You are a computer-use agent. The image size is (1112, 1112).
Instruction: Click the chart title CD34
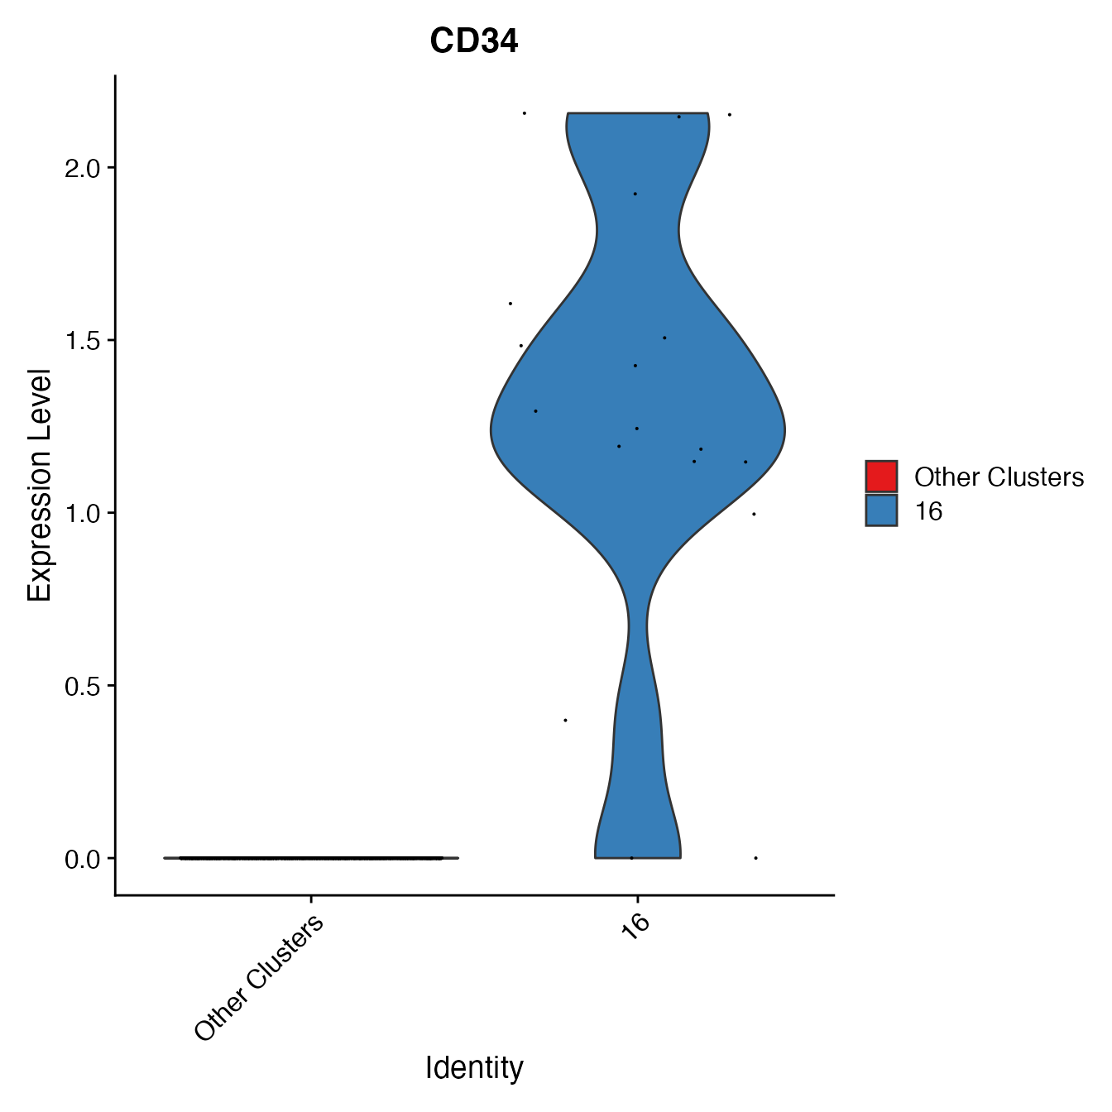click(x=474, y=41)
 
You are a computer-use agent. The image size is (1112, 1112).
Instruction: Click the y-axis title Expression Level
click(x=40, y=485)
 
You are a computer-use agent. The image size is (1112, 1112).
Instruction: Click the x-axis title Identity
click(x=474, y=1068)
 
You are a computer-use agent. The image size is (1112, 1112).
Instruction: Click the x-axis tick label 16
click(x=635, y=927)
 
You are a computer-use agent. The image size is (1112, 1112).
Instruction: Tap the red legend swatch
click(x=881, y=477)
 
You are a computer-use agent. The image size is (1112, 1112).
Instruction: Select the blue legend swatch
click(x=881, y=510)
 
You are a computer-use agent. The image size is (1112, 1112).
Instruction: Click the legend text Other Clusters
click(x=999, y=477)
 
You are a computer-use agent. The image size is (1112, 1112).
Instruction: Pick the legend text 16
click(x=928, y=511)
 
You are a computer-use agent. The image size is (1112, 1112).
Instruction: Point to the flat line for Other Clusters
click(x=311, y=858)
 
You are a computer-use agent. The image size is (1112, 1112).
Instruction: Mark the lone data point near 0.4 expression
click(x=565, y=720)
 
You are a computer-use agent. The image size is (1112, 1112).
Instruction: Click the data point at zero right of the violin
click(x=755, y=858)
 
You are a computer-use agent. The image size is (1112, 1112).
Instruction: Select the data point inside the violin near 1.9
click(x=635, y=194)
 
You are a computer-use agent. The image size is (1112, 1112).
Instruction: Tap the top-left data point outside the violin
click(x=524, y=113)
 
